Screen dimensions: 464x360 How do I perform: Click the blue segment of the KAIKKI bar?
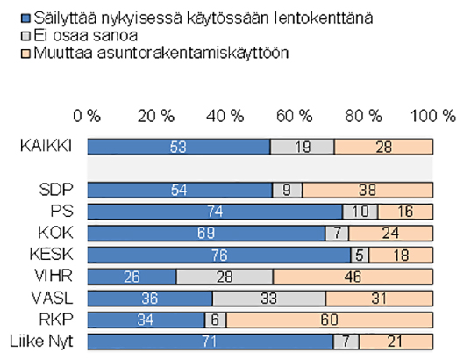point(179,147)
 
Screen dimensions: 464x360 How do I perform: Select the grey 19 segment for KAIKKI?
point(303,147)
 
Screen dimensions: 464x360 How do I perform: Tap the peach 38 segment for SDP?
point(368,190)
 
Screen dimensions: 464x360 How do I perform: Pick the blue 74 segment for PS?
point(215,212)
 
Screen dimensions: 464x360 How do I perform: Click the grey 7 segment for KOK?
point(337,234)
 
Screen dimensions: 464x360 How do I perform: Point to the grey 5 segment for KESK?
point(360,255)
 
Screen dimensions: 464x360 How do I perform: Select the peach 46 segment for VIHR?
point(353,277)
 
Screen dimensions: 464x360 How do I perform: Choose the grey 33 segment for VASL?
point(269,298)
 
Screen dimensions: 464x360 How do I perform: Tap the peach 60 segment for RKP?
point(330,320)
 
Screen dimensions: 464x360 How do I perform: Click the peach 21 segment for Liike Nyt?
point(396,342)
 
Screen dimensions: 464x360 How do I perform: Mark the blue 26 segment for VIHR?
point(132,277)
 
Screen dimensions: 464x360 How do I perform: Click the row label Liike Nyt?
point(41,341)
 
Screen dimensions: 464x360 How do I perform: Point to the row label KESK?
point(51,255)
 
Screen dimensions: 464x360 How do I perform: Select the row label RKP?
point(56,320)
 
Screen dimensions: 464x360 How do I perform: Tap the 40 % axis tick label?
point(225,116)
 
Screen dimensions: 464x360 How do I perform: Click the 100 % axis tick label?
point(433,116)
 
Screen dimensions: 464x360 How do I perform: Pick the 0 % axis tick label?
point(87,116)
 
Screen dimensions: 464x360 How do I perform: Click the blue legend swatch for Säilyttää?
point(25,18)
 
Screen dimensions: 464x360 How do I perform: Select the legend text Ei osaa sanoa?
point(86,35)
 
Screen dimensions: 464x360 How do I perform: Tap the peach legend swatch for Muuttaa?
point(25,54)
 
